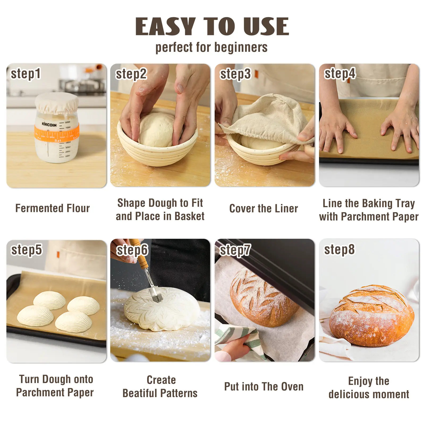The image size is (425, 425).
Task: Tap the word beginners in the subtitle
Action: click(241, 48)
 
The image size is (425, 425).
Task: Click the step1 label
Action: click(25, 74)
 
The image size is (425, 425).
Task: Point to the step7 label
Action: click(235, 250)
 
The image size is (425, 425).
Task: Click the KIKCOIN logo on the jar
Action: click(49, 125)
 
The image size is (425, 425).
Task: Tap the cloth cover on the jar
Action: click(57, 103)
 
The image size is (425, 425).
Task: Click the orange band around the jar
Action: click(57, 134)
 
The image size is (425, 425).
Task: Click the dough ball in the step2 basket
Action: click(157, 129)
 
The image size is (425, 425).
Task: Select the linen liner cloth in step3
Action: click(266, 120)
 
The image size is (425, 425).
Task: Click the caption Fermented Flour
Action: click(53, 208)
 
